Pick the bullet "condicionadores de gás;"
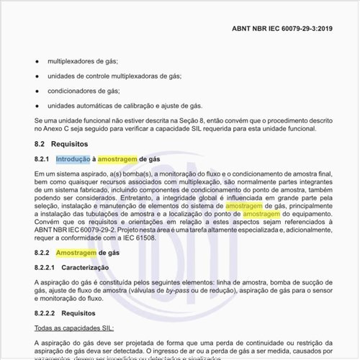click(x=83, y=91)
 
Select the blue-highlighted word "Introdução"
click(x=73, y=158)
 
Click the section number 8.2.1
click(x=41, y=158)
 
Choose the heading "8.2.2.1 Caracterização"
click(x=71, y=268)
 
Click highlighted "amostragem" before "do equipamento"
click(x=261, y=215)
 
